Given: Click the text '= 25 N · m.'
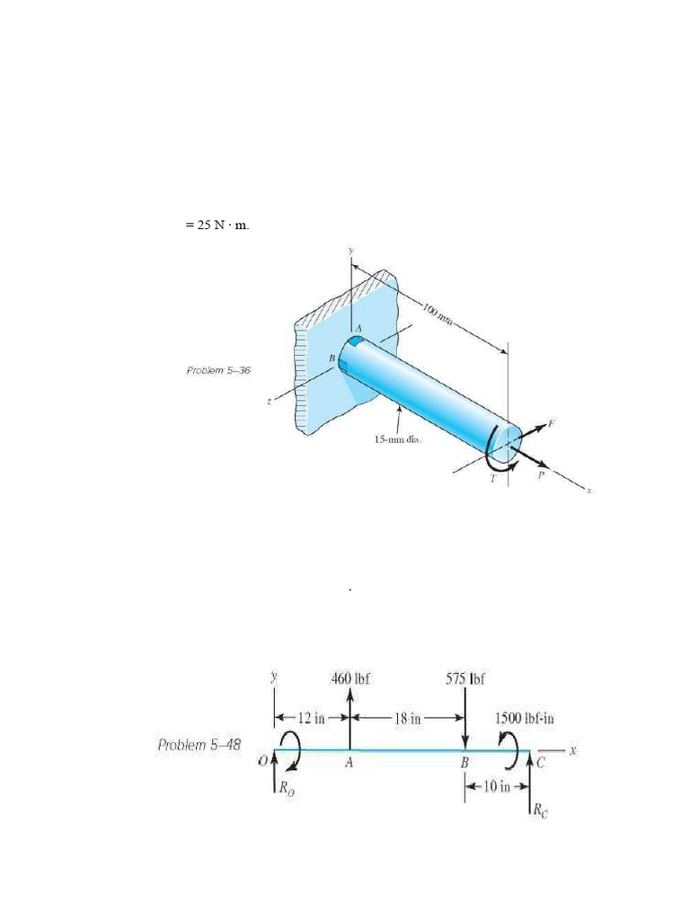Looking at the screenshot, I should coord(217,225).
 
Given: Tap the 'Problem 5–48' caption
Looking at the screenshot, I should coord(199,745).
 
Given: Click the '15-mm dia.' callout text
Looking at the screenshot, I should coord(398,440).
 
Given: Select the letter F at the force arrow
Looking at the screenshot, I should coord(551,422).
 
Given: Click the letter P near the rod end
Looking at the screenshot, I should coord(541,475).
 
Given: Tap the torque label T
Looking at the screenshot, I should coord(492,480).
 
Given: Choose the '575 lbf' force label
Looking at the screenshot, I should coord(465,678).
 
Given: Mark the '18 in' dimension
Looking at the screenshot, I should coord(407,718).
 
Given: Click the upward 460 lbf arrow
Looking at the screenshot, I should coord(349,719).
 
